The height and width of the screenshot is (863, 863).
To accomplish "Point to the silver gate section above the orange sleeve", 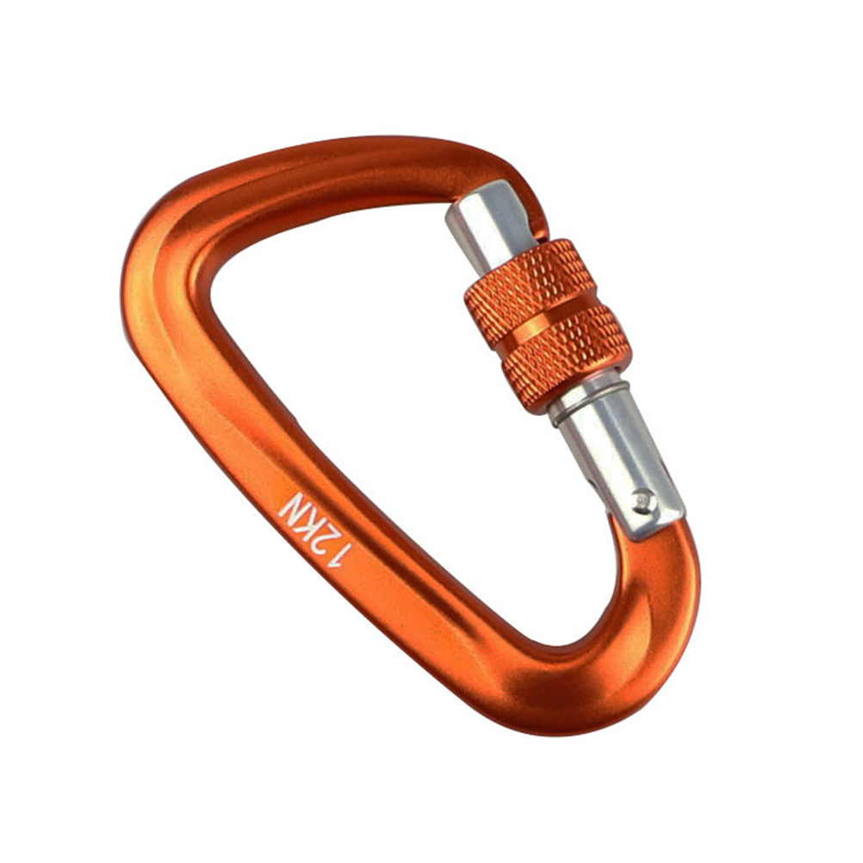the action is point(489,227).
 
